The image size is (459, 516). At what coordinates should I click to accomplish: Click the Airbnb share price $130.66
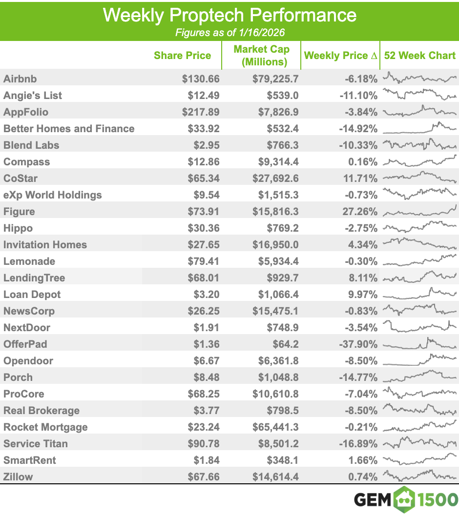click(201, 79)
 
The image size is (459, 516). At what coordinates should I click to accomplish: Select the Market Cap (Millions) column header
click(261, 56)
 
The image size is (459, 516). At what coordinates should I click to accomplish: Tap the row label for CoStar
click(21, 179)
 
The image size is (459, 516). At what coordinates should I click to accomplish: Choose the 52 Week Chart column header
click(419, 56)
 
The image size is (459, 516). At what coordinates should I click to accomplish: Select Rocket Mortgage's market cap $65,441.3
click(275, 427)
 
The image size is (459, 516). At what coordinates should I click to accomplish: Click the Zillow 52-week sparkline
click(419, 476)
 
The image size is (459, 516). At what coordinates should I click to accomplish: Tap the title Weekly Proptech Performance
click(229, 15)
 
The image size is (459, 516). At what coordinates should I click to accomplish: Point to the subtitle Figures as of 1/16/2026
click(229, 33)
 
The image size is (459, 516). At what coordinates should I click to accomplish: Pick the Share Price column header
click(182, 56)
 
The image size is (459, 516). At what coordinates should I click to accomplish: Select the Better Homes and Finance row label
click(69, 129)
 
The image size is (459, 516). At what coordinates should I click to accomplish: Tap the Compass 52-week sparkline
click(419, 161)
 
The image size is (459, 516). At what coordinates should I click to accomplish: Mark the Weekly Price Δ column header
click(340, 56)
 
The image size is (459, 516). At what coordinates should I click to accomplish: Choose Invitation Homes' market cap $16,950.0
click(275, 245)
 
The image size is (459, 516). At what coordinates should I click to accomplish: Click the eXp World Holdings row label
click(53, 195)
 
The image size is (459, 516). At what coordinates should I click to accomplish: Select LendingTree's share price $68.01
click(204, 278)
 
